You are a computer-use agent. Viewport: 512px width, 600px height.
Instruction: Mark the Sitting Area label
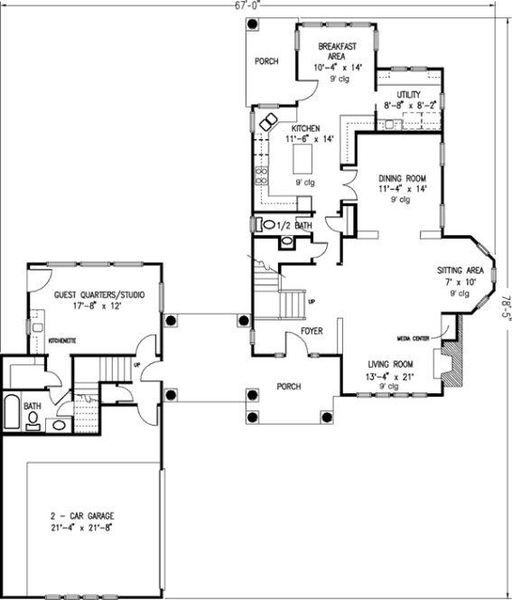pyautogui.click(x=461, y=270)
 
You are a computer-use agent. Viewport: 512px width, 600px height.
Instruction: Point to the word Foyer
pyautogui.click(x=312, y=331)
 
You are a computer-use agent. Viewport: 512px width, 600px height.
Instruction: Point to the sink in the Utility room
pyautogui.click(x=394, y=124)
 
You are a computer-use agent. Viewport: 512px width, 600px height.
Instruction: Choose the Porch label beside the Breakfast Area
pyautogui.click(x=265, y=61)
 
